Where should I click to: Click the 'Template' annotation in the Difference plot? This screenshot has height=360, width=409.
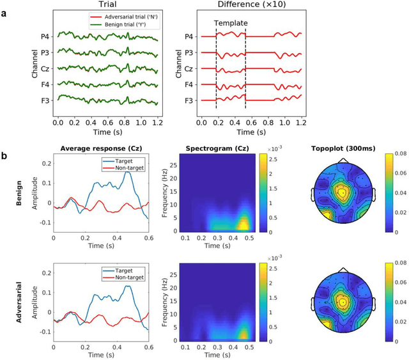(x=231, y=22)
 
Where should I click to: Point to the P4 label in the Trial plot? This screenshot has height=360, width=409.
(x=45, y=36)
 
